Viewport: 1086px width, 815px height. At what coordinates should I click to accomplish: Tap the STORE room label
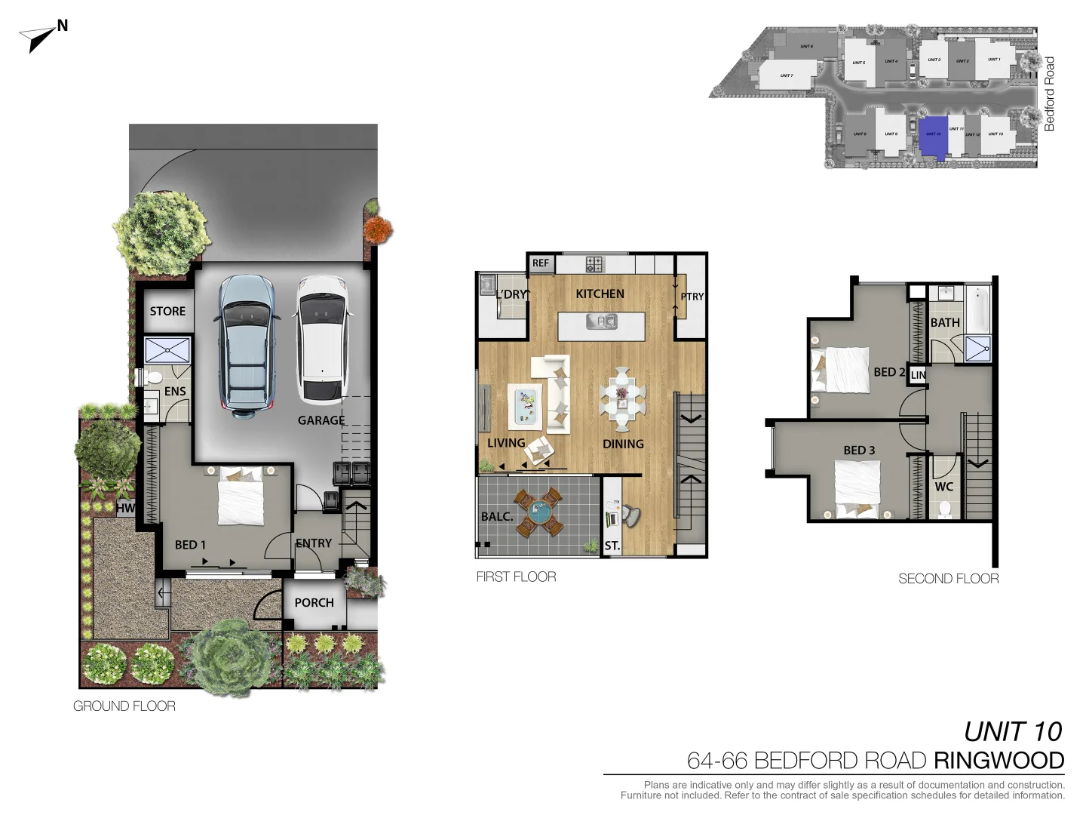point(167,311)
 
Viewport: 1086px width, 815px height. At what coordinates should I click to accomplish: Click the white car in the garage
point(322,340)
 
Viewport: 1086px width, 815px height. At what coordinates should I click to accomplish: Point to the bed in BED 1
point(241,498)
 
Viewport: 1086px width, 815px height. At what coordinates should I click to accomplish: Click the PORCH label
point(314,602)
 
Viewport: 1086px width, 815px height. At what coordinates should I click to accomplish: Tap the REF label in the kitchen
point(541,263)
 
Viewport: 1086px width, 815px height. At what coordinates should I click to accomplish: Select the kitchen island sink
point(602,322)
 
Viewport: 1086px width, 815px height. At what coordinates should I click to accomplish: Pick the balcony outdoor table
point(538,512)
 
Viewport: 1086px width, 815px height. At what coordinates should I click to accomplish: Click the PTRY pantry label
point(692,297)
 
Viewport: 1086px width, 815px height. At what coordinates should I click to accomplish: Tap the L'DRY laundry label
point(513,294)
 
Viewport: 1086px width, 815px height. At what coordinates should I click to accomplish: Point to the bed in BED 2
point(841,370)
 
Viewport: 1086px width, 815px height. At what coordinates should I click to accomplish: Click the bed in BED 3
point(857,487)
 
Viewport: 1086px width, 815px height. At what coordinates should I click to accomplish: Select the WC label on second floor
point(944,487)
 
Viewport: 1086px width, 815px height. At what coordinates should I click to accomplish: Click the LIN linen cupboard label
point(918,375)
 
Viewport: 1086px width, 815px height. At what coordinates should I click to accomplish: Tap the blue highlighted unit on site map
point(934,134)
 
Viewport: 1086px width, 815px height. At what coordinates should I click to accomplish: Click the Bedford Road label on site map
point(1049,94)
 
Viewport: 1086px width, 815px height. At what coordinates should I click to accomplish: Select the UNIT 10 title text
point(1012,731)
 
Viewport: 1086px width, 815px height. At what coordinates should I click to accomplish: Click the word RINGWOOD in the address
point(999,760)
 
